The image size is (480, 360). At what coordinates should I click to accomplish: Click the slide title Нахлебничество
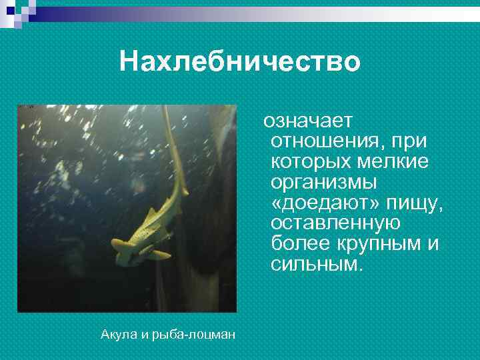coord(240,62)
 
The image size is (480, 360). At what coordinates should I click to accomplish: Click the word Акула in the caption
coord(117,334)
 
